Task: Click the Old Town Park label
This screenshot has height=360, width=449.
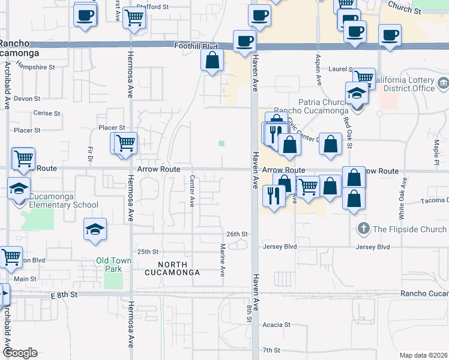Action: point(109,265)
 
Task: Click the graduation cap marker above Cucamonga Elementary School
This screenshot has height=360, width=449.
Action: point(19,188)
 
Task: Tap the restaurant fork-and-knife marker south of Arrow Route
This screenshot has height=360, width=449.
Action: point(274,195)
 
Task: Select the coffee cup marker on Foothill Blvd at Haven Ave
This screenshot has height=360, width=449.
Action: point(244,41)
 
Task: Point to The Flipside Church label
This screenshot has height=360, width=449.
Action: point(409,229)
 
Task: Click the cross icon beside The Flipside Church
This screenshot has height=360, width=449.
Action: point(363,229)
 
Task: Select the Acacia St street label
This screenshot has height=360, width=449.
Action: point(276,325)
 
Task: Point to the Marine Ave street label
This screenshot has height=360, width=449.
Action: point(222,259)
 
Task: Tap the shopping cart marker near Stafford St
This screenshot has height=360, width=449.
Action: point(134,18)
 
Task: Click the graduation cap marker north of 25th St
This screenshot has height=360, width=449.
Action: point(95,230)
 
